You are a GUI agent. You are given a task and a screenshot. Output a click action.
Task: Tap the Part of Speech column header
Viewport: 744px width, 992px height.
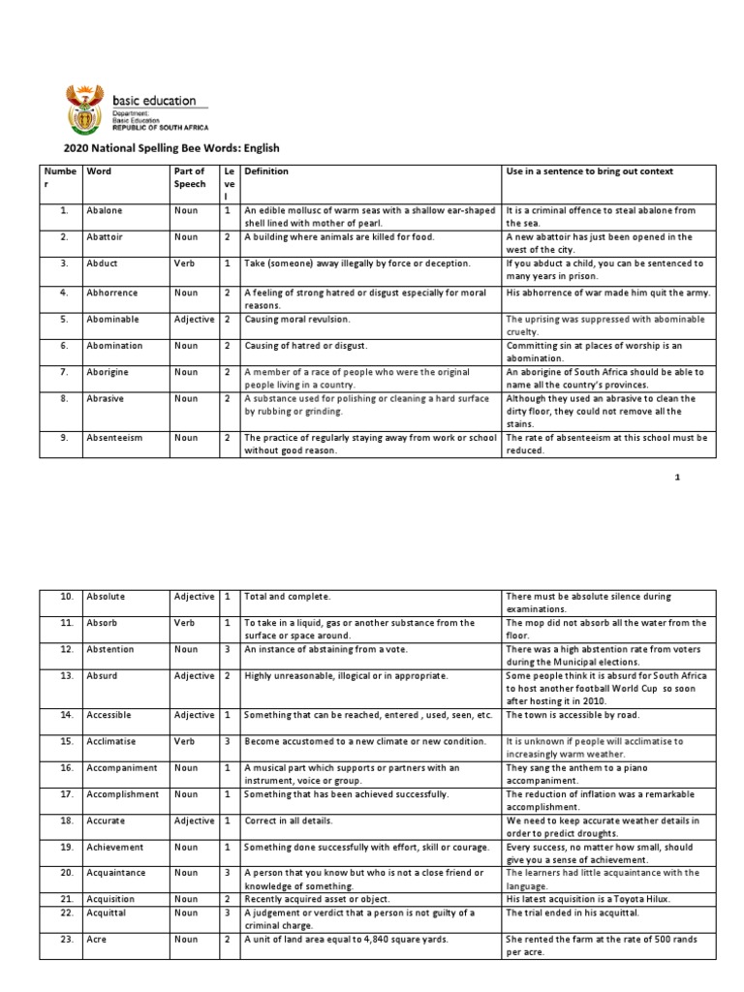pos(189,177)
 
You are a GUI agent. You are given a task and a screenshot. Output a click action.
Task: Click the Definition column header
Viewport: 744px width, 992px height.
pos(266,171)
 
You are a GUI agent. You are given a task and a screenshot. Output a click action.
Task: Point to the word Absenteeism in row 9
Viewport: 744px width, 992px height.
pos(114,438)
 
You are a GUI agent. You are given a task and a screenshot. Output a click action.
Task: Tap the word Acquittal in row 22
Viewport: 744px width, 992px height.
pos(108,913)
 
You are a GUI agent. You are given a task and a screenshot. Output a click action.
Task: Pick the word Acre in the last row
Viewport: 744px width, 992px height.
pos(97,939)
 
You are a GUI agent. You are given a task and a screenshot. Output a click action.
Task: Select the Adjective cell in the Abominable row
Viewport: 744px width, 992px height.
pos(194,319)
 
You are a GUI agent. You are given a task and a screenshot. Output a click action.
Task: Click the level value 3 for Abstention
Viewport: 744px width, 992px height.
pos(227,649)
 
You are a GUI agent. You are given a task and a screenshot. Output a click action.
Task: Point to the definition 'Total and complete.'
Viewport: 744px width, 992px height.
pos(288,597)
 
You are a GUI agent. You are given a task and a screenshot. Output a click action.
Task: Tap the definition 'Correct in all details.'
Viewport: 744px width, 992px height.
pos(301,821)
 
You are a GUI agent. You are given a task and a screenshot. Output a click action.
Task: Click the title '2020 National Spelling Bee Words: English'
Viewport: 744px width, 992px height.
pos(171,148)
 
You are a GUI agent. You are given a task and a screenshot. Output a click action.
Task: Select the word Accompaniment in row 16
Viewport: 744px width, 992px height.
pos(121,767)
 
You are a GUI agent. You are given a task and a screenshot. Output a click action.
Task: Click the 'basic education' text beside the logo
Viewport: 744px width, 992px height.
pos(155,100)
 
